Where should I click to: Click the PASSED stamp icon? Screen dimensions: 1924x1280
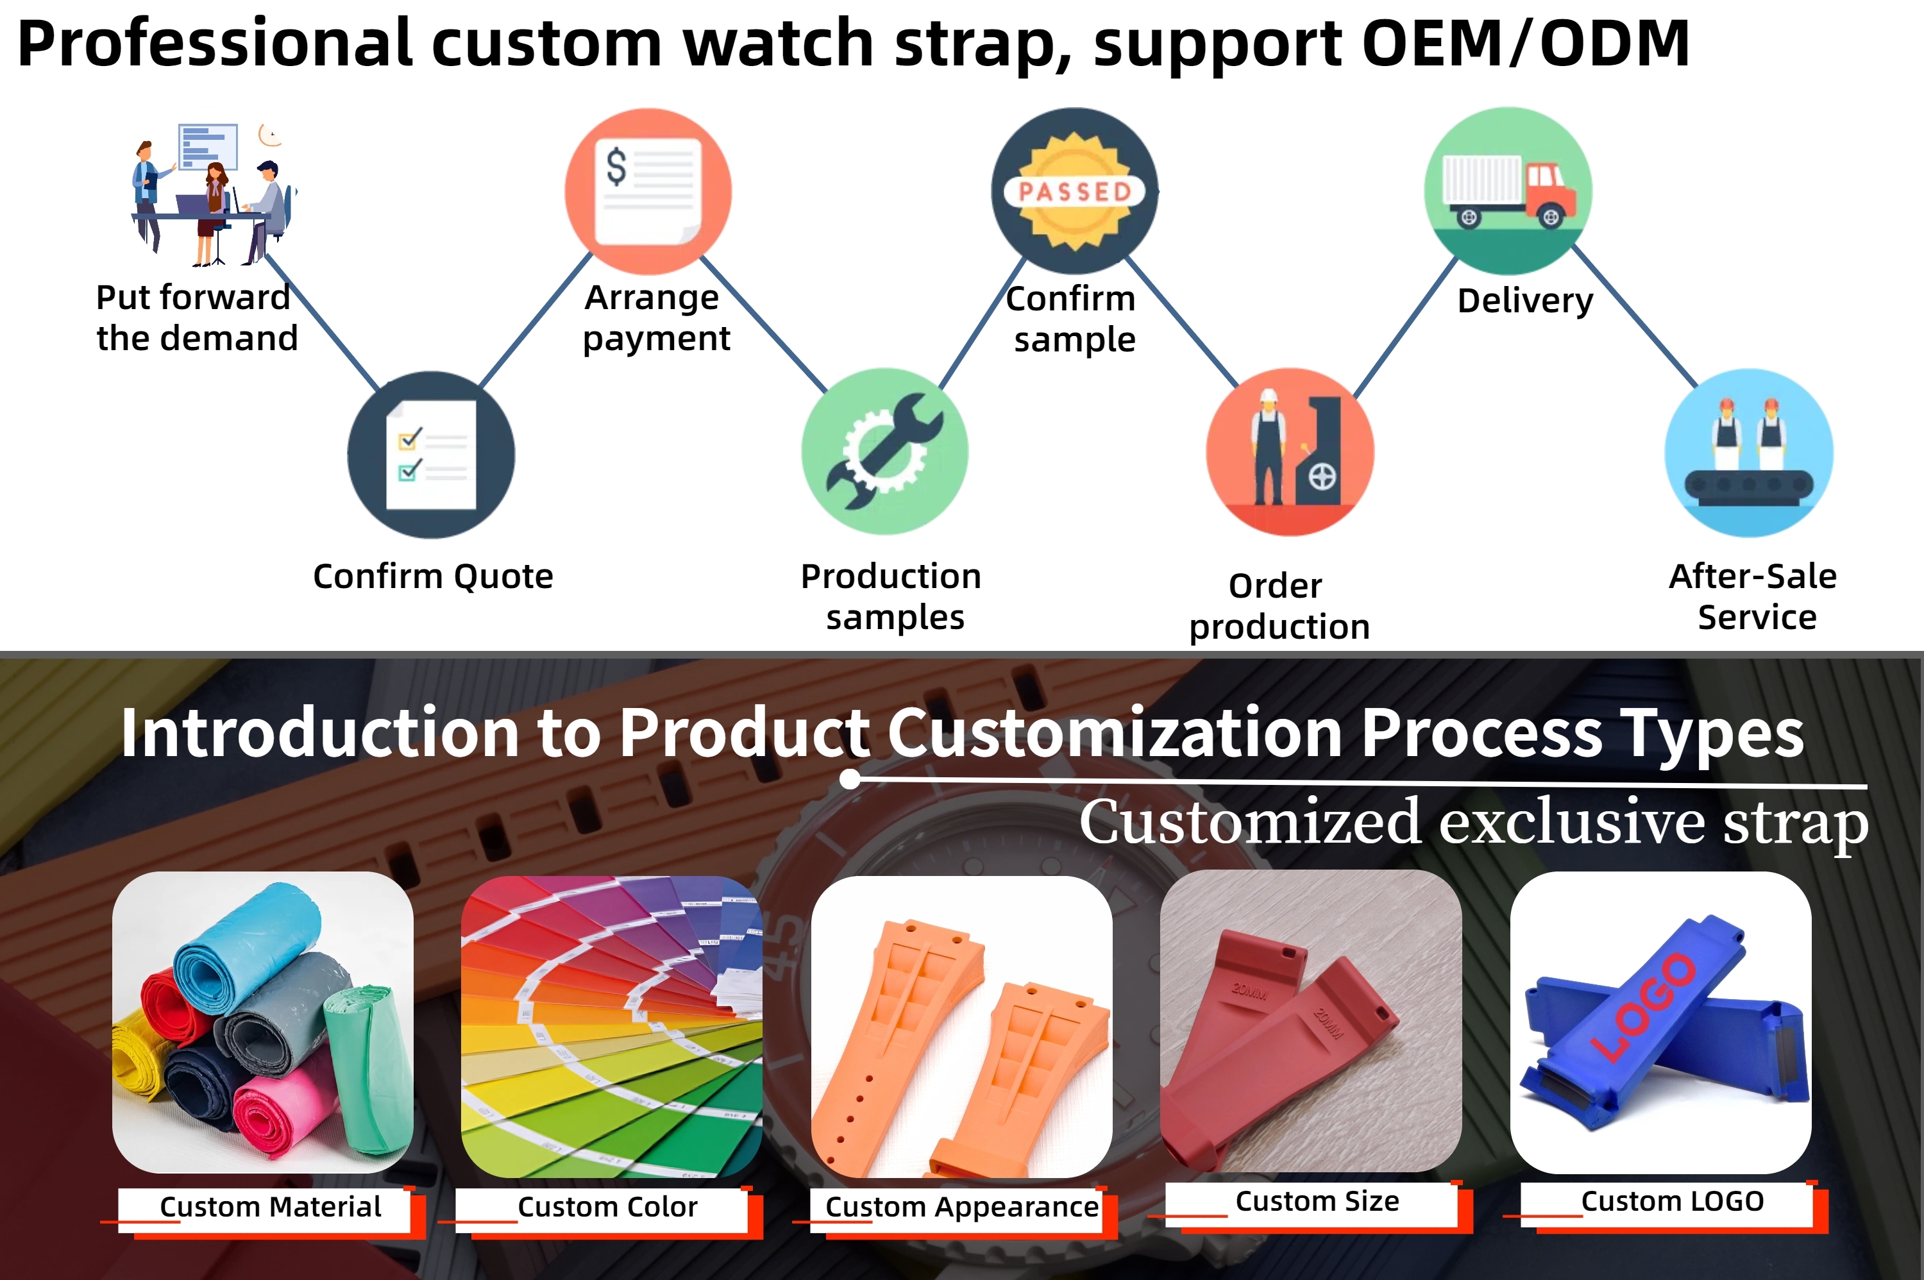tap(1074, 190)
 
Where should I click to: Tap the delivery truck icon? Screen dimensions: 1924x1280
tap(1508, 190)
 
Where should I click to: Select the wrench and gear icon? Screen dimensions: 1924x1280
tap(885, 451)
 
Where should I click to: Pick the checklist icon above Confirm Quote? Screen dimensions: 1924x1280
tap(431, 455)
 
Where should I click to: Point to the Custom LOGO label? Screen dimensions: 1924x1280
tap(1673, 1201)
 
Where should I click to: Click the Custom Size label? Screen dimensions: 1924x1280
tap(1317, 1201)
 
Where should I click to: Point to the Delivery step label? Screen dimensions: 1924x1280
tap(1525, 300)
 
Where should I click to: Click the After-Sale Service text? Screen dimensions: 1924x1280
tap(1753, 597)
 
